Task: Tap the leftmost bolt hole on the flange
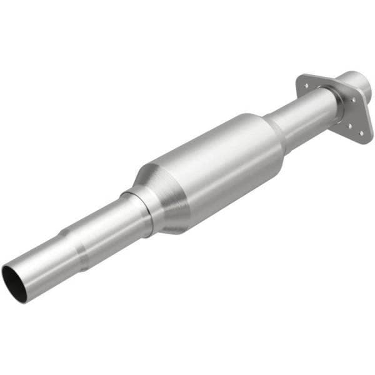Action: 304,79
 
